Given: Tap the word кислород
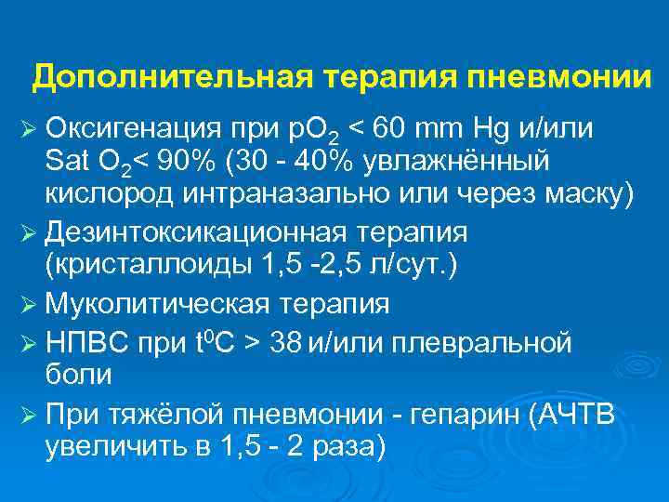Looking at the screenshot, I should (x=106, y=194).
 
